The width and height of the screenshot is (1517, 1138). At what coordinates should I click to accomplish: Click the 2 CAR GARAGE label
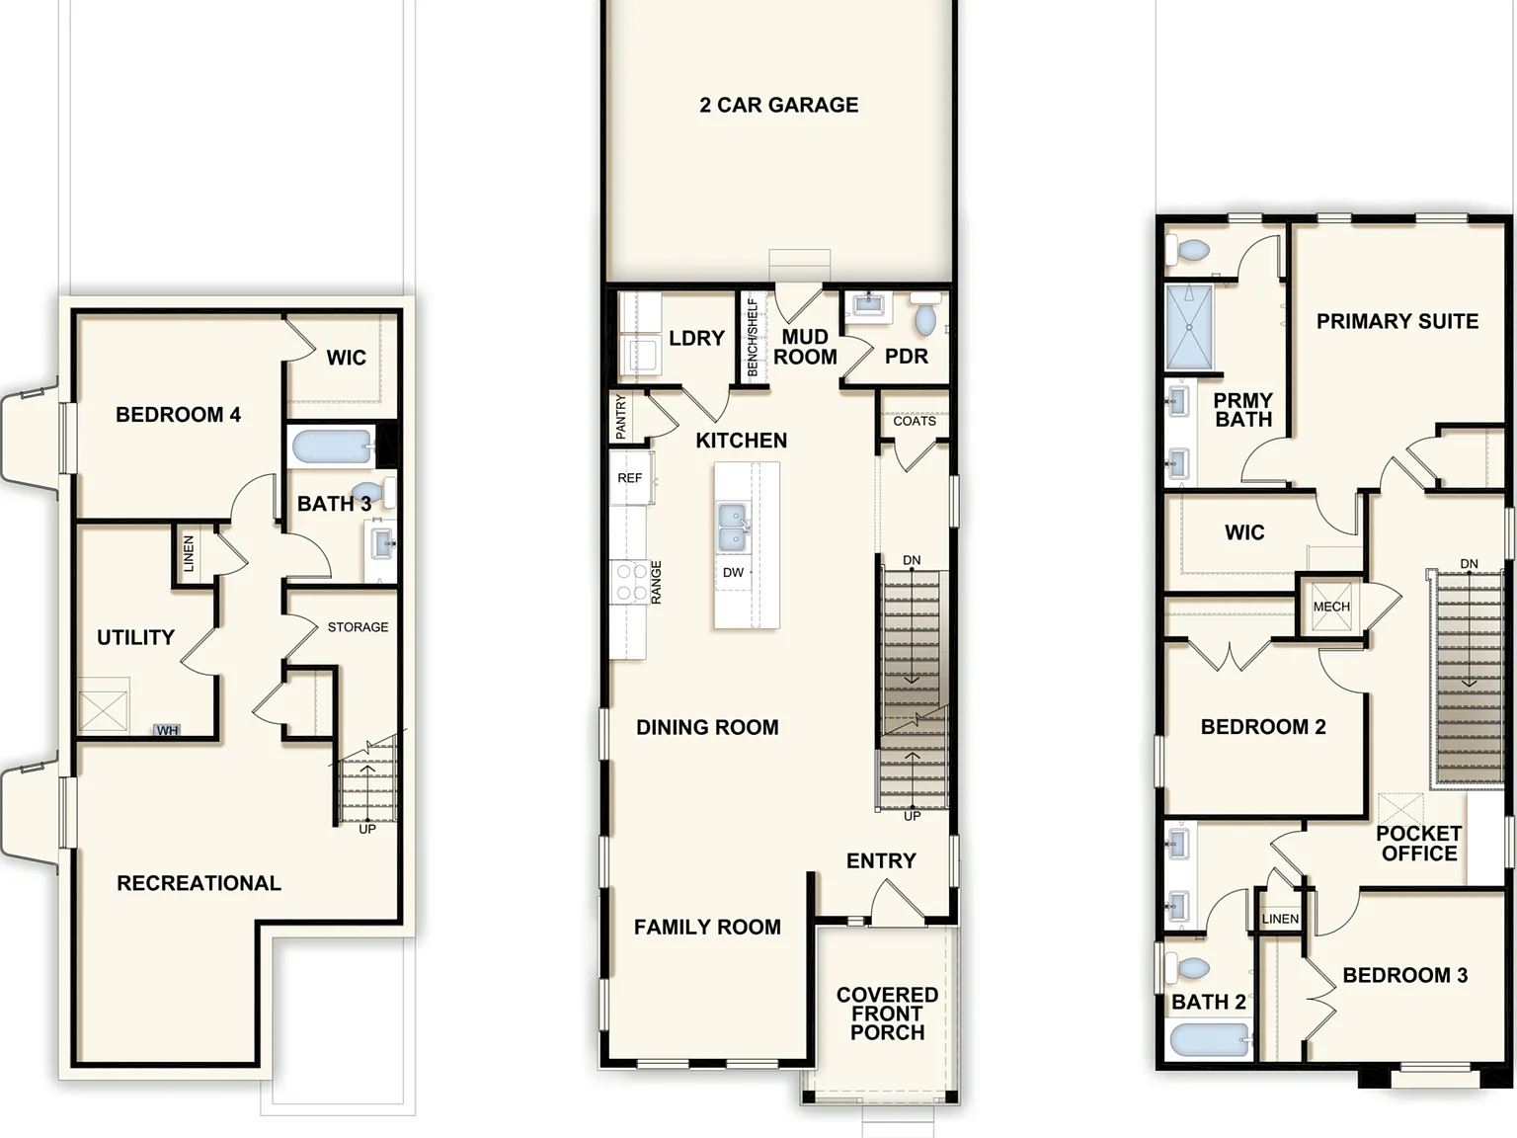click(779, 105)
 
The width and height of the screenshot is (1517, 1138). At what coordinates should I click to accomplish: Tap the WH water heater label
click(167, 730)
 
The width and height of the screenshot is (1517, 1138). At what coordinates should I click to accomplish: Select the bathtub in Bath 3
click(333, 447)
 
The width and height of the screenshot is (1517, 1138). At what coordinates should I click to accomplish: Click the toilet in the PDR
click(925, 314)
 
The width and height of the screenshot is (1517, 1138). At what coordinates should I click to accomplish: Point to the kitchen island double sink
click(732, 527)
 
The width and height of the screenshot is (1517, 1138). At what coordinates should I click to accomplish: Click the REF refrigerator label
click(629, 478)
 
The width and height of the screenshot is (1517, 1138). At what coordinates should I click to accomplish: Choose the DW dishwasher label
click(733, 572)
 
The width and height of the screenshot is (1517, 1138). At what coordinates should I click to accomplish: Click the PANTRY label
click(620, 417)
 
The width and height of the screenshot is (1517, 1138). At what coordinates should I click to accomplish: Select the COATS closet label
click(915, 421)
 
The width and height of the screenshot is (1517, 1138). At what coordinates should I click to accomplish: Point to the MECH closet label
click(1331, 607)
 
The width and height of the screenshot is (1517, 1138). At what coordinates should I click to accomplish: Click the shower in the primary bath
click(1189, 328)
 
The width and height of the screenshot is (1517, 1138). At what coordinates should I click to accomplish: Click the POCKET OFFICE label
click(1419, 843)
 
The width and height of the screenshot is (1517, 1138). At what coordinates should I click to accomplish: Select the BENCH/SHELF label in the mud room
click(753, 338)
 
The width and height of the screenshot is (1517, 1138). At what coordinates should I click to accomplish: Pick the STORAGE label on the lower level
click(358, 626)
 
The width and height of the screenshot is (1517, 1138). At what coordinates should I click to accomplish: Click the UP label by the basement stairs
click(367, 829)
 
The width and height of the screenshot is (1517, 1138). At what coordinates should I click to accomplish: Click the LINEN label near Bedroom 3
click(1280, 919)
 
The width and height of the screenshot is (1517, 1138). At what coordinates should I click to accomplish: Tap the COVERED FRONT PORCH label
click(888, 1014)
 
